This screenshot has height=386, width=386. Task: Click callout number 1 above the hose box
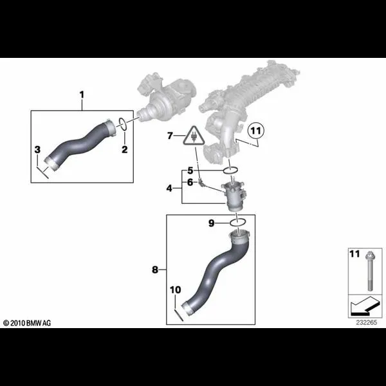click(x=82, y=95)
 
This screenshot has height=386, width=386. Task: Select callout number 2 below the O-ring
click(x=125, y=149)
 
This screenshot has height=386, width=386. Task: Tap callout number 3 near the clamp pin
click(x=37, y=149)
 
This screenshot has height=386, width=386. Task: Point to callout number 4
click(x=169, y=188)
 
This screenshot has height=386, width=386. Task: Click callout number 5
click(x=190, y=170)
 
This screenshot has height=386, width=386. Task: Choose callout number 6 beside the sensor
click(x=190, y=183)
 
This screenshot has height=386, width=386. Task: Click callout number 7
click(x=170, y=136)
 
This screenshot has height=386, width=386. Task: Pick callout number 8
click(x=155, y=270)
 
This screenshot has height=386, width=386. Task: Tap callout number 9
click(x=212, y=223)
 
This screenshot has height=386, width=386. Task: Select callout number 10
click(x=175, y=289)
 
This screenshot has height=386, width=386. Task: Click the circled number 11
click(x=256, y=131)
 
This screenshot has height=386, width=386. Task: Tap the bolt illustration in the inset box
click(x=369, y=271)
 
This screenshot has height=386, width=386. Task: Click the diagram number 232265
click(x=367, y=322)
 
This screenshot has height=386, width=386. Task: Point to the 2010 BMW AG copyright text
click(x=27, y=323)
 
